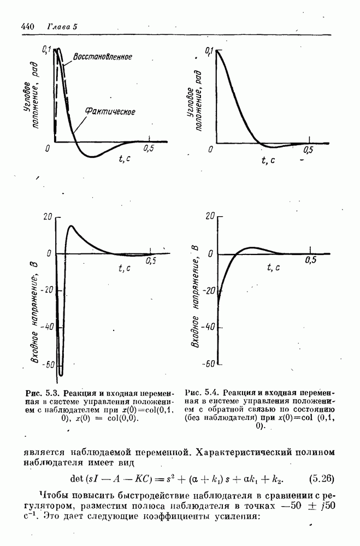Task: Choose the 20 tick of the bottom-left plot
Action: [x=48, y=217]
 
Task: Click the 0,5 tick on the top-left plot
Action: [x=149, y=148]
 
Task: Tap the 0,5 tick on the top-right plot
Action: [x=309, y=150]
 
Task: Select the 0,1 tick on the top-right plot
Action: [x=208, y=51]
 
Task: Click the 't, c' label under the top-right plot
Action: [x=268, y=160]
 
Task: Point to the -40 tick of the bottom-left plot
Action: [x=47, y=327]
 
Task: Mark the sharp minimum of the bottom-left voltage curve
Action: [x=61, y=375]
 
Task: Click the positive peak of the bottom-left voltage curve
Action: [x=71, y=226]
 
